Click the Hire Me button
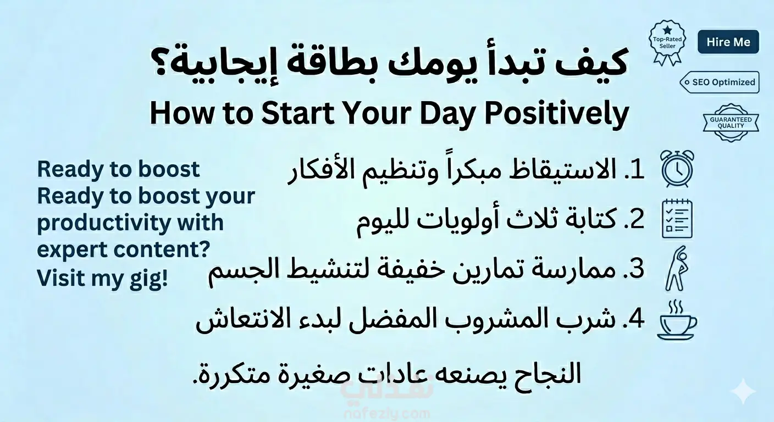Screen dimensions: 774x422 (728, 42)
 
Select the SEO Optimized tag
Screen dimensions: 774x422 (720, 82)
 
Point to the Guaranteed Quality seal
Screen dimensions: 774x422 (731, 123)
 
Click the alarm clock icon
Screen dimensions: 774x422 (677, 169)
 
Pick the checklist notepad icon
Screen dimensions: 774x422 (677, 219)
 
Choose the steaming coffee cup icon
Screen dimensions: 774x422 (677, 320)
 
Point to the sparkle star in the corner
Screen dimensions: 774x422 (744, 391)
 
